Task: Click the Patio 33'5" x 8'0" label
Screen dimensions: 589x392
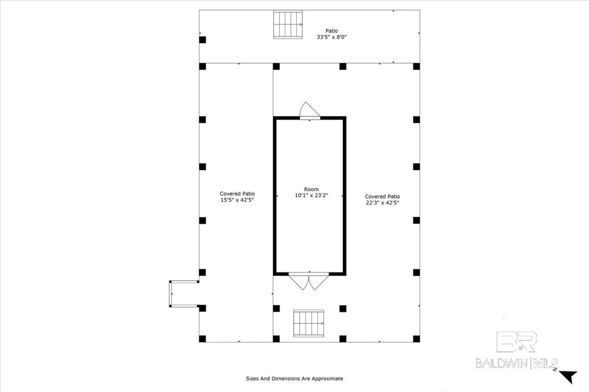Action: click(x=331, y=34)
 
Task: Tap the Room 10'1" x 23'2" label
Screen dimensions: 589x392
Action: click(x=311, y=192)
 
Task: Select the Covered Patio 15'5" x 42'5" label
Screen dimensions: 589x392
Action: click(x=237, y=197)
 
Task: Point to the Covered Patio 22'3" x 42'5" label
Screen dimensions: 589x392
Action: click(x=382, y=199)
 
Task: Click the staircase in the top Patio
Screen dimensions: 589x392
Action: click(x=288, y=24)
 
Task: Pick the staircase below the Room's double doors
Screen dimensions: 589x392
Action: click(x=308, y=323)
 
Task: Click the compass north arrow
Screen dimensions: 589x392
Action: click(x=568, y=376)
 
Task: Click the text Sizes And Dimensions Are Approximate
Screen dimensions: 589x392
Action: click(x=294, y=378)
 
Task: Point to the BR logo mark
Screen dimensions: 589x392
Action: click(x=517, y=342)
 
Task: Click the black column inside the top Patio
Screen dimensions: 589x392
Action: click(x=202, y=40)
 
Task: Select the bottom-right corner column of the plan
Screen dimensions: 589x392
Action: click(x=416, y=339)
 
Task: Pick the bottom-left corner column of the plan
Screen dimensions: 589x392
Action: click(x=202, y=339)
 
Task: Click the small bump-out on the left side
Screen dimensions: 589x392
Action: click(x=184, y=294)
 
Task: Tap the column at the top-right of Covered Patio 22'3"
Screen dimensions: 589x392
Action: click(x=416, y=67)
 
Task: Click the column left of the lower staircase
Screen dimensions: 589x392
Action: click(x=276, y=308)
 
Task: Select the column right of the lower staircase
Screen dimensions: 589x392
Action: click(x=343, y=308)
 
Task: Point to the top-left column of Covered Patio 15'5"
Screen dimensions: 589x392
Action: click(x=202, y=67)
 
